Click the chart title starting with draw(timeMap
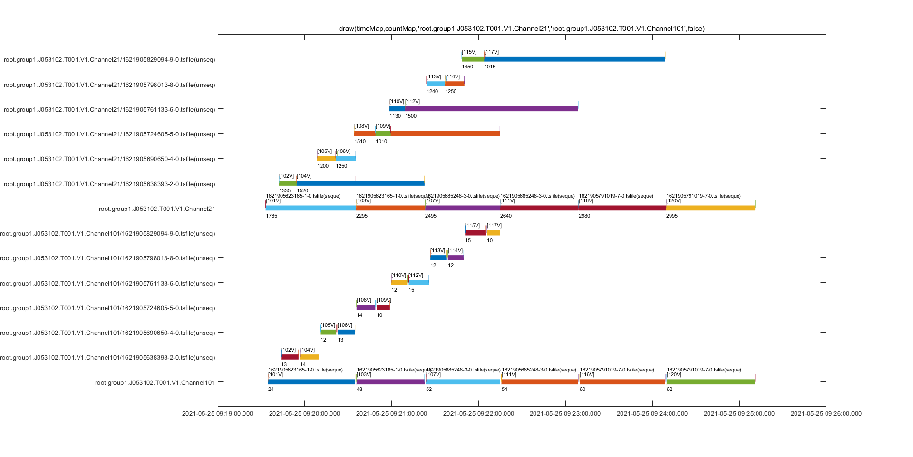click(x=522, y=29)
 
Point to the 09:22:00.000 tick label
click(x=478, y=414)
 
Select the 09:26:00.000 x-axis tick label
click(x=826, y=414)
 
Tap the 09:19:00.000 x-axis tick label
click(x=217, y=414)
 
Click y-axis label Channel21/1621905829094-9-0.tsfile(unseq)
click(x=109, y=60)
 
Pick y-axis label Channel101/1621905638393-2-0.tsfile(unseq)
click(x=107, y=358)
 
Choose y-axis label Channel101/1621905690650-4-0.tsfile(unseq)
click(x=107, y=333)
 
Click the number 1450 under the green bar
click(x=467, y=67)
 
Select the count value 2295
click(x=362, y=216)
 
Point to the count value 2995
click(x=672, y=216)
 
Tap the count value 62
click(x=670, y=390)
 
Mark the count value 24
click(x=271, y=390)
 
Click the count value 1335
click(x=285, y=191)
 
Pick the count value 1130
click(x=395, y=116)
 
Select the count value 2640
click(x=506, y=216)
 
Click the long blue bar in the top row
click(x=574, y=59)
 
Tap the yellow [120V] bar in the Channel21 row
click(x=710, y=208)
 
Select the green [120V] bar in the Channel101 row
click(x=710, y=382)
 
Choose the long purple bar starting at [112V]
click(x=492, y=109)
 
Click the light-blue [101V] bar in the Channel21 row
click(x=311, y=208)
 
